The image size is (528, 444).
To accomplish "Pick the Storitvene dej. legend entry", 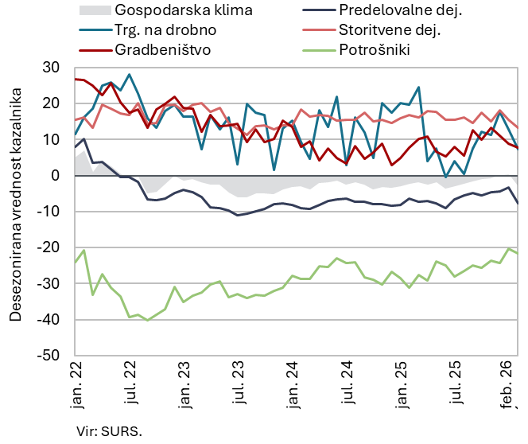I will tap(389, 30).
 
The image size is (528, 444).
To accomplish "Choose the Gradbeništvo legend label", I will tap(164, 50).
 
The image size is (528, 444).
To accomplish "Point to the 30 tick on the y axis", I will tap(52, 68).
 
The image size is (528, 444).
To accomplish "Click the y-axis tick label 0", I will tap(57, 176).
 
